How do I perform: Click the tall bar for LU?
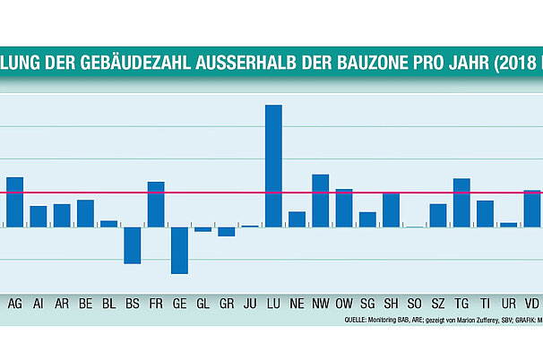tap(273, 166)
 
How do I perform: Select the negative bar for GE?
tap(179, 250)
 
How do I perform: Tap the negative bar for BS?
tap(133, 244)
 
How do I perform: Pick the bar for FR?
tap(156, 204)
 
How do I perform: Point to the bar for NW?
tap(320, 201)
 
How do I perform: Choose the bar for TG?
tap(461, 202)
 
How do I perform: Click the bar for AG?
tap(14, 201)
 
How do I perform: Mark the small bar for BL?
tap(108, 224)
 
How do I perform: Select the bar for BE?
tap(85, 213)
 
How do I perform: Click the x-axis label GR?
tap(227, 304)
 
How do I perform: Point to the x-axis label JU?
tap(250, 304)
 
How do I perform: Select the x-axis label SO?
tap(414, 304)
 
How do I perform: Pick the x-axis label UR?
tap(508, 304)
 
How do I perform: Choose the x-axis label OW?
tap(344, 304)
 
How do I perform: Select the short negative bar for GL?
tap(203, 229)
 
